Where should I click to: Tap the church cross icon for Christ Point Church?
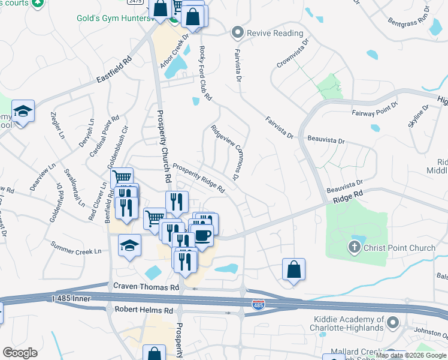click(355, 246)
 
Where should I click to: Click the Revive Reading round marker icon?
click(238, 33)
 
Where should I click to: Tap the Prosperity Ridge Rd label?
click(198, 179)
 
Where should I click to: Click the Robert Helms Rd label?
click(143, 310)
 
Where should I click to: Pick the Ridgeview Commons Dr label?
click(226, 153)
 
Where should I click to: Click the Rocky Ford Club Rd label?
click(205, 73)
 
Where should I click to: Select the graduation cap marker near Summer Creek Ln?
click(129, 244)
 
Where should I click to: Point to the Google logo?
click(20, 353)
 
